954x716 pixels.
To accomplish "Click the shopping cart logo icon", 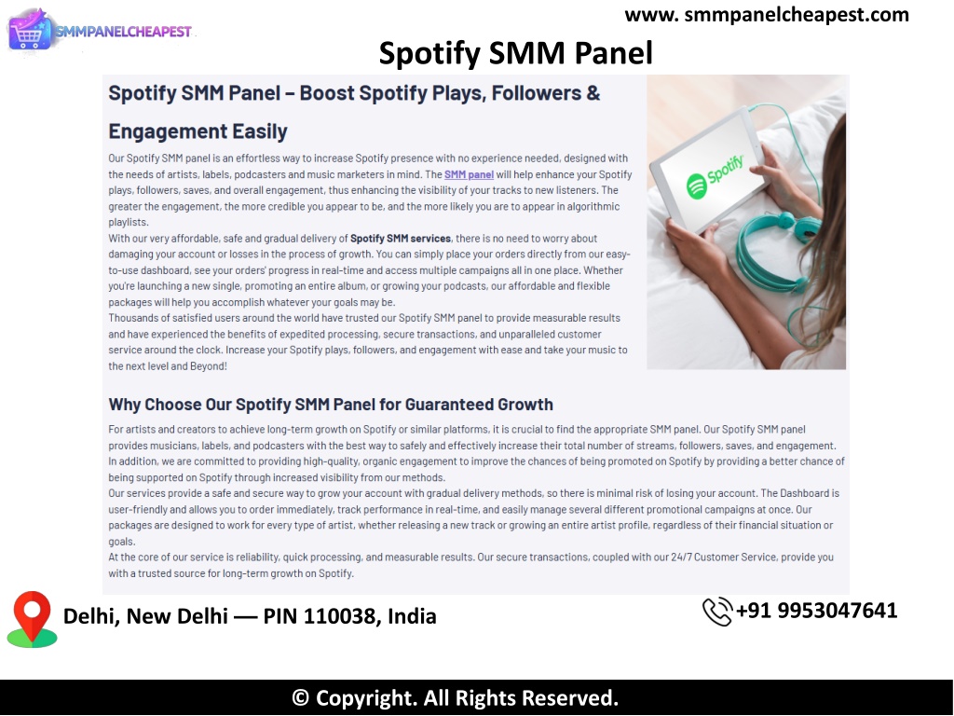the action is coord(29,31).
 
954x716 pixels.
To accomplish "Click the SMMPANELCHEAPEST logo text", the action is coord(124,32).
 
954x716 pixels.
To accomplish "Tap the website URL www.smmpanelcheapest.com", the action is coord(767,15).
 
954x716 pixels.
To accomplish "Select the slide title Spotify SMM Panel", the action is coord(516,53).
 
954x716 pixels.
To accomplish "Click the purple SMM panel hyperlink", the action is coord(469,174).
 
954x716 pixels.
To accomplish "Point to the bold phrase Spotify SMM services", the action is coord(401,239).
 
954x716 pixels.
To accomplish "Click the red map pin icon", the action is coord(33,619).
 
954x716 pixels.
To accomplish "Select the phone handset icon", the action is coord(717,612).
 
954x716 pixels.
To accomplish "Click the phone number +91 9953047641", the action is coord(816,611).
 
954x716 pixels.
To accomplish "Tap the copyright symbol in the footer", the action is coord(300,697).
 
